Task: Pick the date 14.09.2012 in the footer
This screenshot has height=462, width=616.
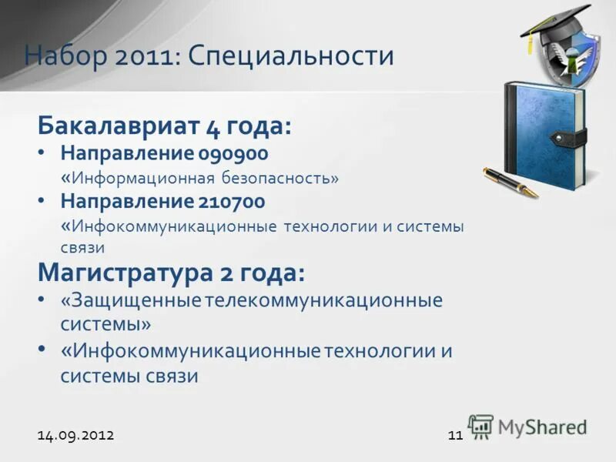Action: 75,435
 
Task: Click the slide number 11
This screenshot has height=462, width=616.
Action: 454,435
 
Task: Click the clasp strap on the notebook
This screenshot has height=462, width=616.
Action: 570,139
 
